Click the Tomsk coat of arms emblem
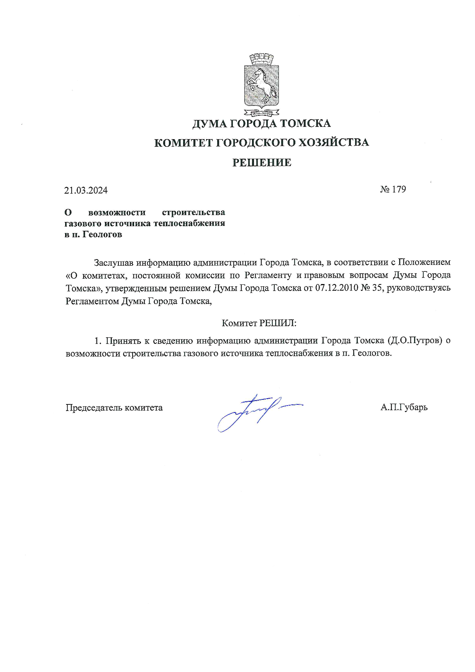262,85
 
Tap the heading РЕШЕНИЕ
262,163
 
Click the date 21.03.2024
86,191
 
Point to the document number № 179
393,189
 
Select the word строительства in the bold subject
193,212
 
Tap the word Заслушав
114,263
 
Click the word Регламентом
92,301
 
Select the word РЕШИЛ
278,323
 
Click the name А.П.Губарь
404,407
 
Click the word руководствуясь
419,288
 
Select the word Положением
424,263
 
